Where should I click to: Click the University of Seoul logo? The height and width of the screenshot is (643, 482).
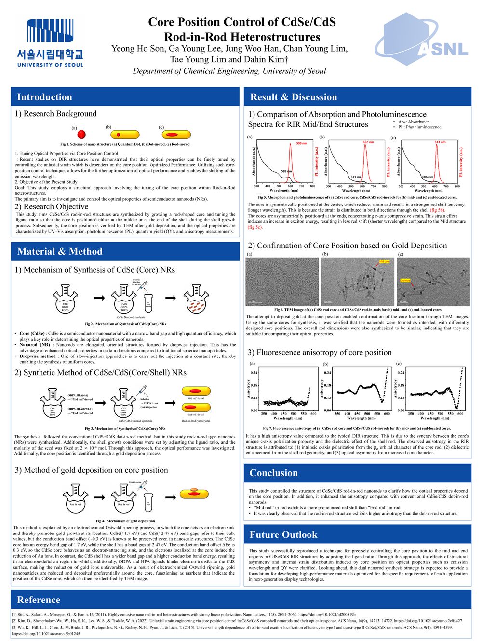(x=50, y=43)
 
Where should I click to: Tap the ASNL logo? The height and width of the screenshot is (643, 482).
(x=422, y=41)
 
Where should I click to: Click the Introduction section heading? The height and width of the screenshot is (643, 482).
(x=44, y=97)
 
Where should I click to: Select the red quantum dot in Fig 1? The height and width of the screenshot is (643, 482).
(x=81, y=135)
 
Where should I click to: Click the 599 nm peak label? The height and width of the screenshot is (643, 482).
(x=301, y=143)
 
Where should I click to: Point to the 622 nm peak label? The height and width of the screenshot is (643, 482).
(x=368, y=142)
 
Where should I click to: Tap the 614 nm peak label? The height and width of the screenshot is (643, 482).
(x=440, y=142)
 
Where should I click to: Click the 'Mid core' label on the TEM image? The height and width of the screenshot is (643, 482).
(x=384, y=262)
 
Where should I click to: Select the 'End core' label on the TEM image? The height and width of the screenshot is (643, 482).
(x=405, y=280)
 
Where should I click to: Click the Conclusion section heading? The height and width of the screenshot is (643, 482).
(x=273, y=473)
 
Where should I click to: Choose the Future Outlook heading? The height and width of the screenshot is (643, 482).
(x=283, y=534)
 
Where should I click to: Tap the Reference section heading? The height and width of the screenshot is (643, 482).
(x=39, y=600)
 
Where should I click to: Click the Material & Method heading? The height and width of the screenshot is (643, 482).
(x=60, y=251)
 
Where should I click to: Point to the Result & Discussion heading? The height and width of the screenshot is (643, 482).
(x=294, y=97)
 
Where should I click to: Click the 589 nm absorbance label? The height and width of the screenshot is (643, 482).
(x=286, y=171)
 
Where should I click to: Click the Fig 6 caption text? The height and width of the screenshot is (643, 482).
(x=358, y=310)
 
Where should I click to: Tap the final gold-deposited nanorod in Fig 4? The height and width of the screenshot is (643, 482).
(x=194, y=493)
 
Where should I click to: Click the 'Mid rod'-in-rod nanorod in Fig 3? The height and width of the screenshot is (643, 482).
(x=196, y=391)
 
